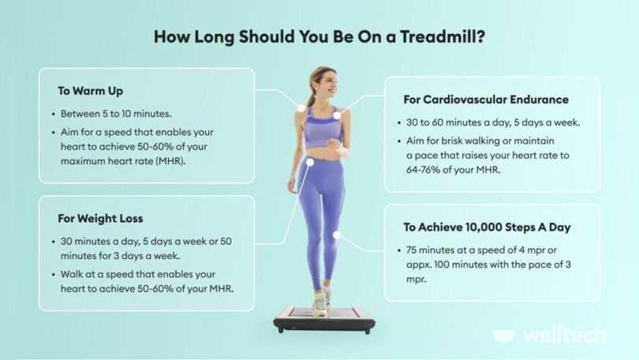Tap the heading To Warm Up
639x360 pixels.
point(91,91)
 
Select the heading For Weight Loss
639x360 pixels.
point(100,218)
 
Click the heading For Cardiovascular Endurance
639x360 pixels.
point(486,100)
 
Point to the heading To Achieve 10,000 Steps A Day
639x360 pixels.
point(487,227)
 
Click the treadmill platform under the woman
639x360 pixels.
point(323,319)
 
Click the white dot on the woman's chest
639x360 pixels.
point(337,115)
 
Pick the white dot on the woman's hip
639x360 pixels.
point(312,163)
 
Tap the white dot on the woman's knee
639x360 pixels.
point(338,234)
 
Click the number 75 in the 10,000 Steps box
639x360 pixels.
point(411,249)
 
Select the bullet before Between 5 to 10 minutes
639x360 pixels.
point(52,113)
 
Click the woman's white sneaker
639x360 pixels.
point(320,304)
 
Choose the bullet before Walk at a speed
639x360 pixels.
point(52,275)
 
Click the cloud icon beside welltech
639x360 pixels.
point(504,336)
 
